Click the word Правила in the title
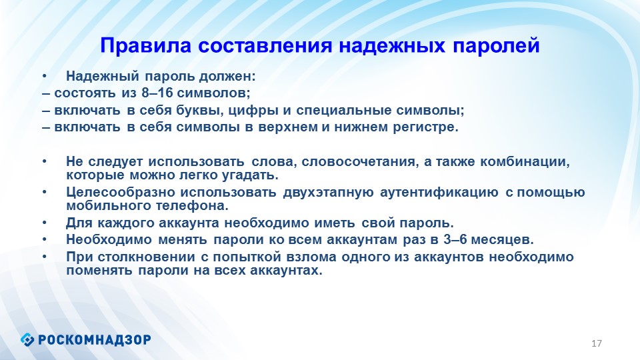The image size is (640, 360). [146, 45]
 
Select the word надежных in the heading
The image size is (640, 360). [392, 46]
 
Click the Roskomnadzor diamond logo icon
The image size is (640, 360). [27, 339]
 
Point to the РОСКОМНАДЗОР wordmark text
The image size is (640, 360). [95, 339]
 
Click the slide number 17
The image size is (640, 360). [596, 343]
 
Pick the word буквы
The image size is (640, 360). [199, 111]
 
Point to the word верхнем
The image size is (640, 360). [288, 128]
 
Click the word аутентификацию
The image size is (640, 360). [439, 192]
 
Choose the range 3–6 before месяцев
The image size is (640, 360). [455, 239]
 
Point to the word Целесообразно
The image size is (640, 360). [120, 192]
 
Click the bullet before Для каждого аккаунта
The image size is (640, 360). [44, 223]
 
